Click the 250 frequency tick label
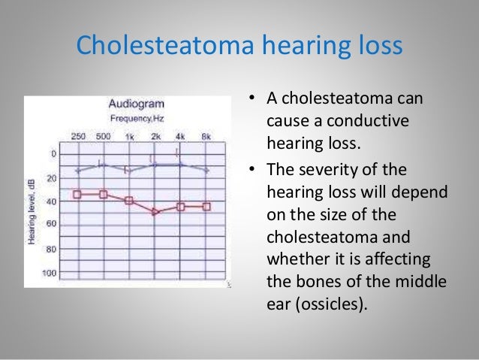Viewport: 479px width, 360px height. [x=78, y=136]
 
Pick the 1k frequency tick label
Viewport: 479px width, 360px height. [x=129, y=136]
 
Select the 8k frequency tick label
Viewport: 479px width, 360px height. [x=206, y=136]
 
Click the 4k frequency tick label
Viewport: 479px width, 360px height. [x=180, y=136]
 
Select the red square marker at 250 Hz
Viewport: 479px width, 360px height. [x=77, y=195]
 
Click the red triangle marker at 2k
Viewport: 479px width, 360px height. [x=155, y=213]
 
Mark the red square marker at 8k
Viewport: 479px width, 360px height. [x=206, y=207]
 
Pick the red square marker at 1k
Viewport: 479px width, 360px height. [x=129, y=201]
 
